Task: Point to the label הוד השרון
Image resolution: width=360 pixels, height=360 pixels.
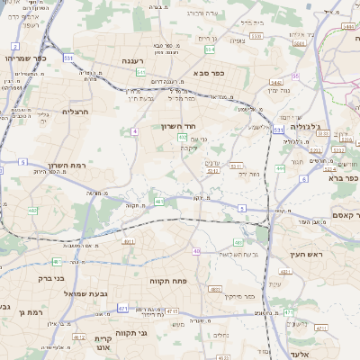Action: click(x=179, y=126)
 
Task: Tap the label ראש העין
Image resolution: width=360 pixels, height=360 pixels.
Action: click(x=303, y=256)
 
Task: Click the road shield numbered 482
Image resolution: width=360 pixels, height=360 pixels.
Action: click(x=32, y=211)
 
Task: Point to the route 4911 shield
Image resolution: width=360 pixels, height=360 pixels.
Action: click(x=129, y=241)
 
